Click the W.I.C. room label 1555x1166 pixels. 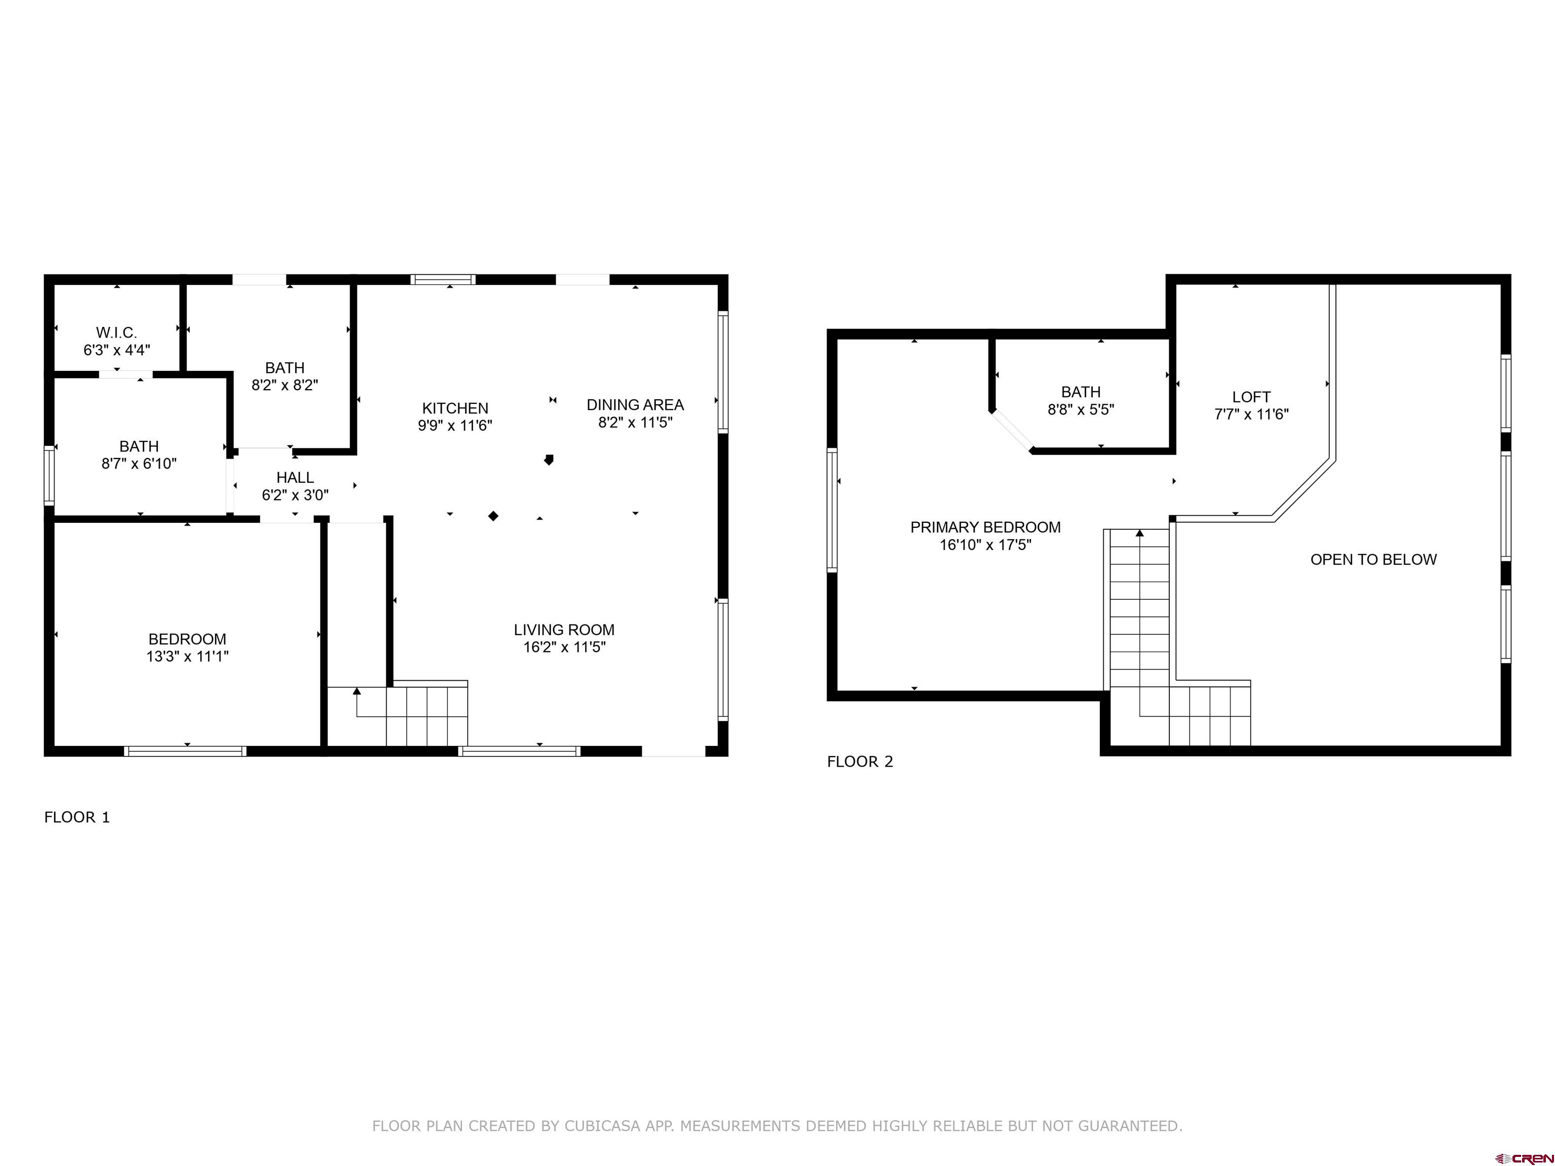117,332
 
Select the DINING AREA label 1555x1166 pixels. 635,405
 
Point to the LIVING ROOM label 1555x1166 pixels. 564,630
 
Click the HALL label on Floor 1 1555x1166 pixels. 295,478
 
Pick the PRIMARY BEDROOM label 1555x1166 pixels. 986,527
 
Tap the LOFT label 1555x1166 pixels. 1251,397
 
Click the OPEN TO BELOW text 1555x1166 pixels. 1374,559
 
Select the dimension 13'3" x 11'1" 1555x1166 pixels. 188,656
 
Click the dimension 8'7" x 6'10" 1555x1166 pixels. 139,464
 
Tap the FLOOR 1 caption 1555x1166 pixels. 77,817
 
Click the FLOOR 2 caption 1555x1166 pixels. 860,762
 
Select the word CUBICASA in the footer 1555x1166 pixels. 602,1126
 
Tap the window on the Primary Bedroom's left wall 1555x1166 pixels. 832,510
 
